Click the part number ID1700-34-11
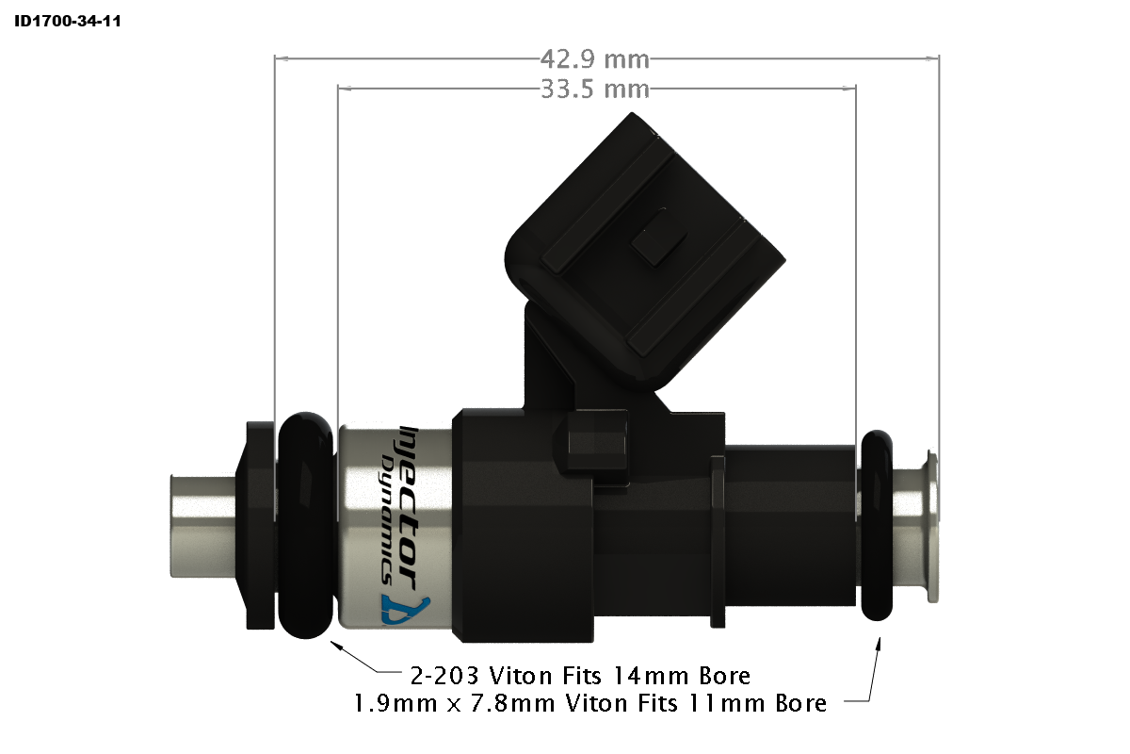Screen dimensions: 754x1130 pyautogui.click(x=67, y=20)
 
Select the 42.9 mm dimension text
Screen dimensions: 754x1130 pyautogui.click(x=594, y=59)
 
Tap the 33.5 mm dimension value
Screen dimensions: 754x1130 pyautogui.click(x=594, y=90)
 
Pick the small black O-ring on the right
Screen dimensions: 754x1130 pyautogui.click(x=877, y=525)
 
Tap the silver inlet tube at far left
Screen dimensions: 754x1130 pyautogui.click(x=200, y=525)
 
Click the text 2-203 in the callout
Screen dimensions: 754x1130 pyautogui.click(x=444, y=676)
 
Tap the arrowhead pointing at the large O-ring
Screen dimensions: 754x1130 pyautogui.click(x=335, y=647)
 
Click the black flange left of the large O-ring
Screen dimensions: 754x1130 pyautogui.click(x=256, y=526)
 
